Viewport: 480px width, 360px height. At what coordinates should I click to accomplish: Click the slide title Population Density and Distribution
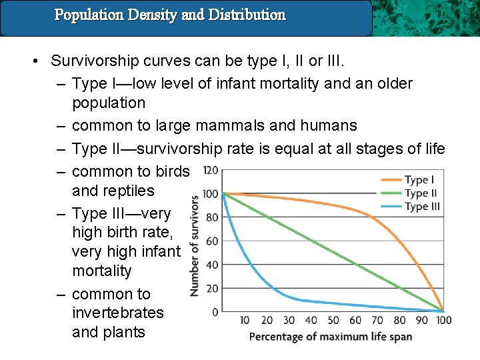[170, 15]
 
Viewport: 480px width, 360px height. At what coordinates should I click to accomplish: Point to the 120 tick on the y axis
[210, 170]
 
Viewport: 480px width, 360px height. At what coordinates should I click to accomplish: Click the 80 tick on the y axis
[212, 217]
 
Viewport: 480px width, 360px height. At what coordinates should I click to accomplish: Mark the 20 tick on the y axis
[212, 289]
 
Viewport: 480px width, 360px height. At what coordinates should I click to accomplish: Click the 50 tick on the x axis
[333, 321]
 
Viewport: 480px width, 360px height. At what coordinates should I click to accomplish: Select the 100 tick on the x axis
[444, 321]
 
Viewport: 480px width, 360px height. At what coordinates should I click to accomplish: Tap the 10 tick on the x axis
[245, 321]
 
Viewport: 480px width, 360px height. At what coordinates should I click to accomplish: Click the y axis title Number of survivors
[194, 245]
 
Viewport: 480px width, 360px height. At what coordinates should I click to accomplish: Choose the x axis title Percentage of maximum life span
[330, 337]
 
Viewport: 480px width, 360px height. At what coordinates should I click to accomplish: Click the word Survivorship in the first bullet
[93, 61]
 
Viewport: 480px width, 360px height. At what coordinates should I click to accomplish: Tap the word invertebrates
[117, 313]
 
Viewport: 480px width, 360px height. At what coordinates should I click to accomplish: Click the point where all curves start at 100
[222, 193]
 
